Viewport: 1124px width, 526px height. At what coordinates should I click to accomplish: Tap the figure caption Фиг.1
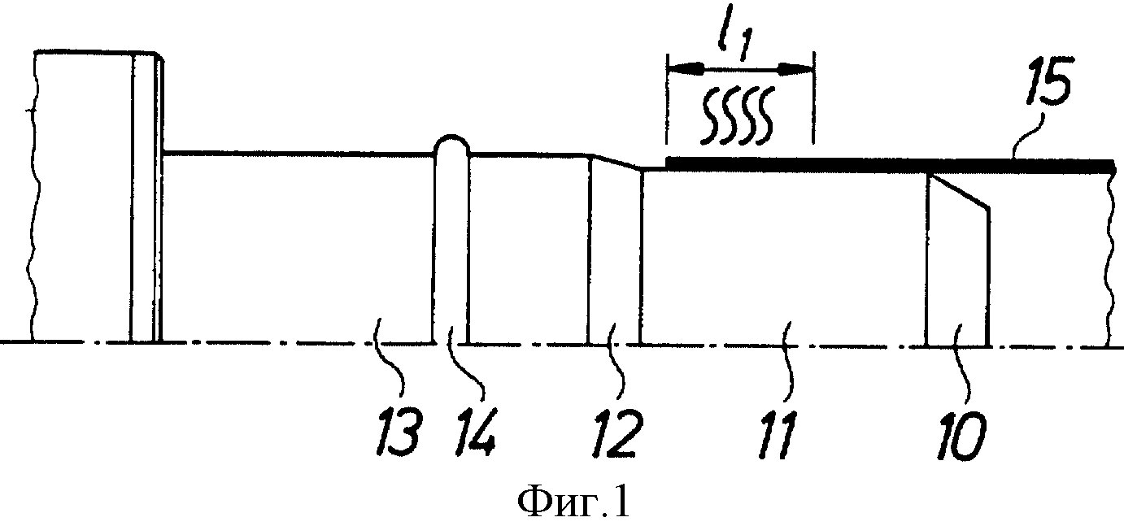pyautogui.click(x=573, y=504)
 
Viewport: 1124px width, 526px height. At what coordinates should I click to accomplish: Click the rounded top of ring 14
pyautogui.click(x=451, y=136)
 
